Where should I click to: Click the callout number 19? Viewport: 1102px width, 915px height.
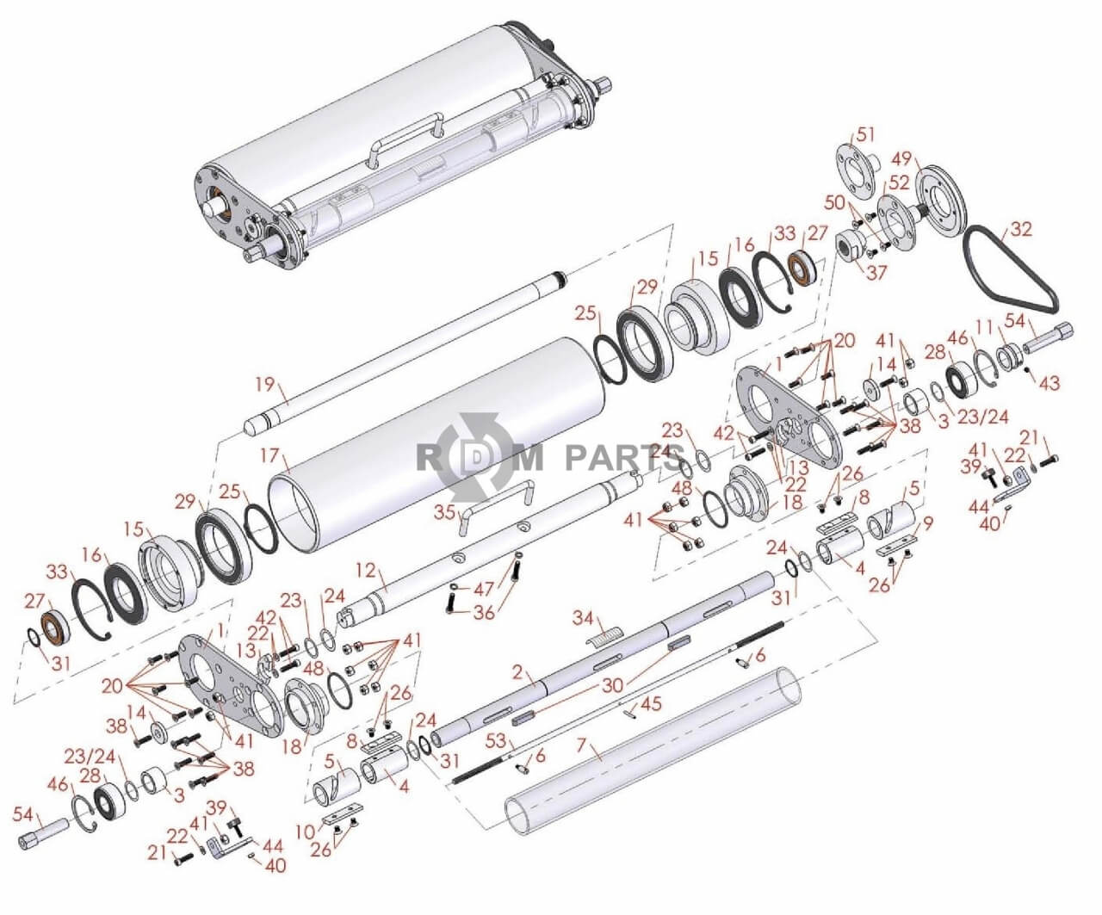pyautogui.click(x=265, y=385)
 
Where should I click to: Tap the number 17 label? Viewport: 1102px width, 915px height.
pyautogui.click(x=269, y=455)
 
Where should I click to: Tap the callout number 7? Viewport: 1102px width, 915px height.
pyautogui.click(x=582, y=746)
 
